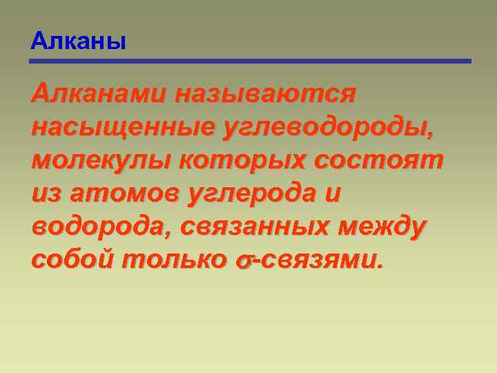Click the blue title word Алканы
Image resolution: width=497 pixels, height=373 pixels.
click(x=78, y=41)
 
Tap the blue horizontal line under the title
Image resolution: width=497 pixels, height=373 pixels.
click(x=251, y=61)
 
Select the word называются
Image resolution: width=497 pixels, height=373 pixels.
click(x=265, y=93)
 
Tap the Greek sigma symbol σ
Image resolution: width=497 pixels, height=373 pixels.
click(x=242, y=260)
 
